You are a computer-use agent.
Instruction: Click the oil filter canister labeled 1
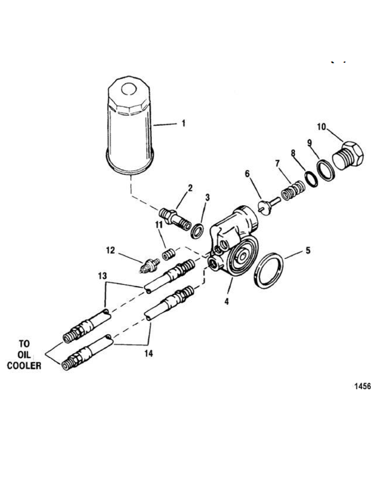click(x=130, y=125)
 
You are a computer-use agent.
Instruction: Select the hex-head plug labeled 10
click(x=348, y=156)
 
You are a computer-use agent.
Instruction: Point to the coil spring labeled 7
click(x=293, y=190)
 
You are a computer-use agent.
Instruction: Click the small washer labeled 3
click(x=197, y=231)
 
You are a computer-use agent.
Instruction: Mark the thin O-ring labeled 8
click(x=312, y=180)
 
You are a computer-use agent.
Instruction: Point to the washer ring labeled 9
click(x=326, y=171)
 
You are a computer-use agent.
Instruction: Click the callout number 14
click(x=149, y=354)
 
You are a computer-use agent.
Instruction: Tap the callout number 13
click(x=102, y=276)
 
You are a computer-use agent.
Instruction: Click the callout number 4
click(x=227, y=301)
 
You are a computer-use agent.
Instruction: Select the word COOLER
click(x=24, y=366)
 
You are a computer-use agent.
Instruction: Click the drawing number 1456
click(x=363, y=386)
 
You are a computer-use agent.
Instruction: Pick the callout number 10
click(x=322, y=126)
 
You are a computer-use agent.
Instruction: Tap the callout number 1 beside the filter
click(x=183, y=123)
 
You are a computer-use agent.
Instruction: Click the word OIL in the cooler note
click(x=24, y=355)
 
